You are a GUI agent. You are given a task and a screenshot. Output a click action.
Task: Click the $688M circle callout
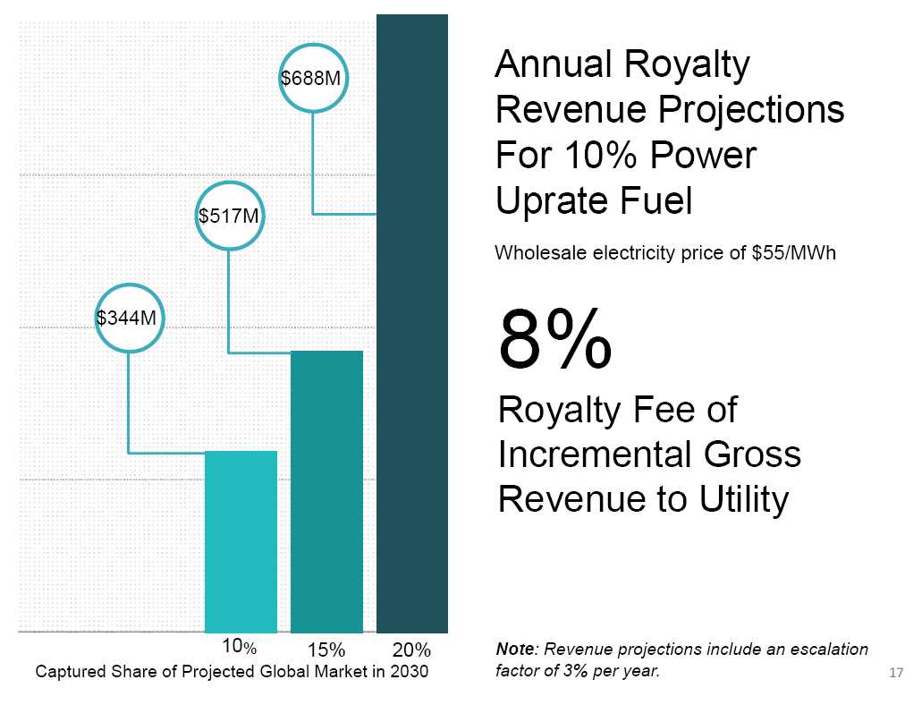pyautogui.click(x=311, y=79)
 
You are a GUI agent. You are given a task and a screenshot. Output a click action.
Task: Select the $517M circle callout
pyautogui.click(x=229, y=216)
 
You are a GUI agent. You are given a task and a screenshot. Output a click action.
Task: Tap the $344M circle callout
pyautogui.click(x=129, y=317)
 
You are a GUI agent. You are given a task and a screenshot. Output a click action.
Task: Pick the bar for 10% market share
pyautogui.click(x=241, y=541)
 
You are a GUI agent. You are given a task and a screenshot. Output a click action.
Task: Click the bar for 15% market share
pyautogui.click(x=326, y=491)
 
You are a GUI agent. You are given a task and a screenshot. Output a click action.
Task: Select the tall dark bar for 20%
pyautogui.click(x=411, y=322)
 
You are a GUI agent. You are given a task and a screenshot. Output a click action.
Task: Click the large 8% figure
pyautogui.click(x=555, y=340)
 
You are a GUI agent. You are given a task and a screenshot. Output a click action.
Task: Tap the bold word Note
pyautogui.click(x=515, y=649)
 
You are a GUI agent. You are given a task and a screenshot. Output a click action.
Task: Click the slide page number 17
pyautogui.click(x=897, y=673)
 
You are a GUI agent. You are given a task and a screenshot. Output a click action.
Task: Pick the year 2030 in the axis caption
pyautogui.click(x=410, y=672)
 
